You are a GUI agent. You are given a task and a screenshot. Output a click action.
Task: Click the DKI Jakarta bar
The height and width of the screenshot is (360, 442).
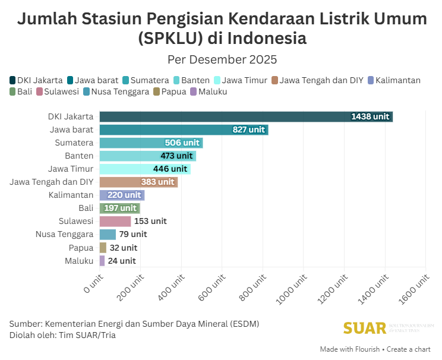246,116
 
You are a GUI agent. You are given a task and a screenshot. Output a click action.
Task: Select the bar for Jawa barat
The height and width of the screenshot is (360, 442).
184,130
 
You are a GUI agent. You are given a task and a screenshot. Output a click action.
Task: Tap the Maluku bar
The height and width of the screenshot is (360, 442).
102,261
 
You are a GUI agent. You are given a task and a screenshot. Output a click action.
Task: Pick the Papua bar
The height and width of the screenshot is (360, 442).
103,248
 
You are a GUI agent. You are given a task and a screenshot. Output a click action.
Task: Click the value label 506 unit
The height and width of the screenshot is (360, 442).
182,143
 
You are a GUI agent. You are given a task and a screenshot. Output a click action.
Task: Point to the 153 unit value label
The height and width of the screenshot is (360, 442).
150,221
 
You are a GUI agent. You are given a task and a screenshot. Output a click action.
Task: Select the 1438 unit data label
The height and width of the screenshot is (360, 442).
370,116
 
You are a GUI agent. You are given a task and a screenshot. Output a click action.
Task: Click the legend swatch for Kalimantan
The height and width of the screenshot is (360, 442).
371,80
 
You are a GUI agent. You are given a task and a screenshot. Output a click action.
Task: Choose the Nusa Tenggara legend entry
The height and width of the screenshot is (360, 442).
116,91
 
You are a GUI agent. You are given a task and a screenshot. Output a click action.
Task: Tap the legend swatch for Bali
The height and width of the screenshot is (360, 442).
13,91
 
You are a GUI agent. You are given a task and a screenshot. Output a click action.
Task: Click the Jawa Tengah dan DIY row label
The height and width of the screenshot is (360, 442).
52,182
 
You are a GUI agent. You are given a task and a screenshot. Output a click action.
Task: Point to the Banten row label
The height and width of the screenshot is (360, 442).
79,156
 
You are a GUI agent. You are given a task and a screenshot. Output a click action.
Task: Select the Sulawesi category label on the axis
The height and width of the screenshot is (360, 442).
76,221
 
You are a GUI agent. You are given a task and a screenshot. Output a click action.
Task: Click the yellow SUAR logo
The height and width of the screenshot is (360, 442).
364,327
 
